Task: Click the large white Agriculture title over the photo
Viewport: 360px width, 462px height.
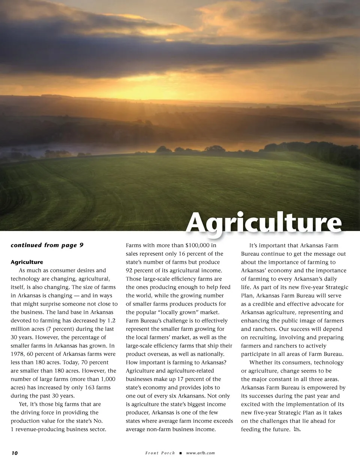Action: point(264,223)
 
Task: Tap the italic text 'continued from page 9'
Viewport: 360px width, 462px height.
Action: point(47,245)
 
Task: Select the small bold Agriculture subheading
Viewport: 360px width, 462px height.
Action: point(27,262)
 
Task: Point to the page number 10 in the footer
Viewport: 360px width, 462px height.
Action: point(14,453)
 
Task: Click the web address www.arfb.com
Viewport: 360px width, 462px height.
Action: point(200,453)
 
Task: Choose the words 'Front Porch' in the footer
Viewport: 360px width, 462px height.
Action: point(160,453)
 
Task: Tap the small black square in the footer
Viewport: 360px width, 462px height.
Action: point(180,453)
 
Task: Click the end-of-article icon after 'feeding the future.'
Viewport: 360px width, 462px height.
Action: point(297,429)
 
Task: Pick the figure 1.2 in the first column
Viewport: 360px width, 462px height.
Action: point(111,321)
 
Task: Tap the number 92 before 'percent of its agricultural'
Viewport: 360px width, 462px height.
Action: point(130,270)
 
